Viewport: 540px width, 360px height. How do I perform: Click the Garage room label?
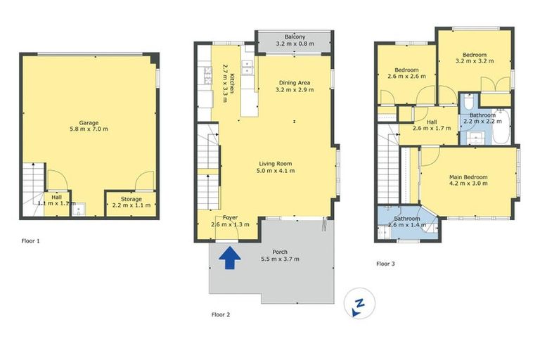(88, 125)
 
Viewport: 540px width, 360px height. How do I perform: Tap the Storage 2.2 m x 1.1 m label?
(130, 202)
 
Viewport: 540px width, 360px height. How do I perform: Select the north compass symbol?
(359, 304)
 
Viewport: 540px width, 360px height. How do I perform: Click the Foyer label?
(230, 221)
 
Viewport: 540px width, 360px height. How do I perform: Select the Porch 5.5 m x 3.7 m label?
(285, 255)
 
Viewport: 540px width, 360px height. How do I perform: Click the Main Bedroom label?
(468, 180)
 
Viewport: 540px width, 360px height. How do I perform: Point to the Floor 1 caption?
(30, 241)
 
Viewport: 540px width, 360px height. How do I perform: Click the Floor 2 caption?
(221, 314)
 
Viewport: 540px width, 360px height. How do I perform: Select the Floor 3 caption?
(385, 264)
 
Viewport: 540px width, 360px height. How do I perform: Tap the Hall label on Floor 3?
(432, 124)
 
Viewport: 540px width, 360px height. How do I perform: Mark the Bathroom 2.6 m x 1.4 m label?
(406, 221)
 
